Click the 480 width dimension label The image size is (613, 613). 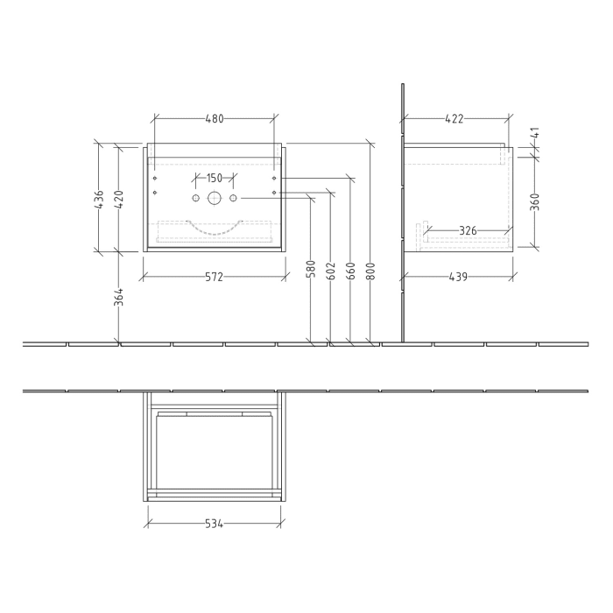(x=215, y=118)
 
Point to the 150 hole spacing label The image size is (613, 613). (x=215, y=179)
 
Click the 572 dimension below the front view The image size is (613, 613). (x=215, y=277)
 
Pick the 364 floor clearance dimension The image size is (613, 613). (x=117, y=298)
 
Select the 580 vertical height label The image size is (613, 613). (x=312, y=269)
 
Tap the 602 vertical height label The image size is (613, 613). (x=331, y=269)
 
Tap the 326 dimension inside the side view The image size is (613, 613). (x=468, y=230)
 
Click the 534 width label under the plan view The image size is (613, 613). (x=215, y=525)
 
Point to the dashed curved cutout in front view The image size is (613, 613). (x=215, y=232)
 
